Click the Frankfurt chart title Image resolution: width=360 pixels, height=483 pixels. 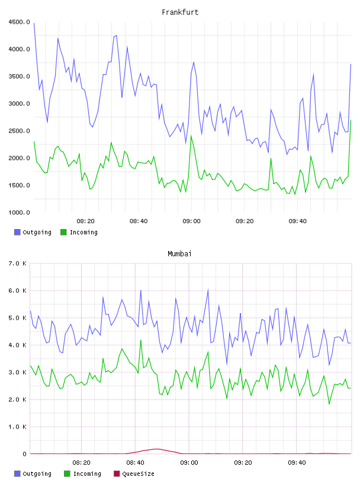[x=180, y=12]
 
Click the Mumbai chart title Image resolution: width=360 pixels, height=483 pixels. [x=179, y=254]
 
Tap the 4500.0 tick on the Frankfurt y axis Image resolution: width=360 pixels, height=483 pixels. [x=19, y=22]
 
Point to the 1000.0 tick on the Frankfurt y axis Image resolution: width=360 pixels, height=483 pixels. [x=19, y=212]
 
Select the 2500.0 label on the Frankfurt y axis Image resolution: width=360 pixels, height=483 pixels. [x=19, y=131]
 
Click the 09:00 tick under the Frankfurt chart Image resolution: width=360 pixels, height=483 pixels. [x=191, y=221]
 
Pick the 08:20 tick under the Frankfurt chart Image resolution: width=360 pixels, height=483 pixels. [x=85, y=221]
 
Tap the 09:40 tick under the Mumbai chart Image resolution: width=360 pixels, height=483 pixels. [x=297, y=463]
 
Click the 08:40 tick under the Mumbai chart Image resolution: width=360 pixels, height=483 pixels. [x=135, y=463]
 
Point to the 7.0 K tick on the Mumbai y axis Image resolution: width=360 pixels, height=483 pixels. [x=17, y=263]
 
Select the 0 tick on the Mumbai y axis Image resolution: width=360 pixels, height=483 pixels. [x=24, y=454]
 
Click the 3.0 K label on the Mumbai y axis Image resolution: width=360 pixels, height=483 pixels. [x=17, y=372]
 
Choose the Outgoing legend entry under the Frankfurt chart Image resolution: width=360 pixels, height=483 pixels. [x=33, y=232]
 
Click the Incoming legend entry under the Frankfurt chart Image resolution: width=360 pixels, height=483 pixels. [x=79, y=232]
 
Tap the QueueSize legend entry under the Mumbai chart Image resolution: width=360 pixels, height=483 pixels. [x=134, y=474]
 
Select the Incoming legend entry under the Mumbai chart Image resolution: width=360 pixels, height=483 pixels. [x=82, y=474]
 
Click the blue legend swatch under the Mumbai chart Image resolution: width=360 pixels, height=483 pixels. [x=17, y=474]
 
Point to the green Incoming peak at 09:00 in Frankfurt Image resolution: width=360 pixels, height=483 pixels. [x=191, y=136]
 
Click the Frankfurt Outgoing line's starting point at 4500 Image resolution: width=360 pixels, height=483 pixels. [x=34, y=23]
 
